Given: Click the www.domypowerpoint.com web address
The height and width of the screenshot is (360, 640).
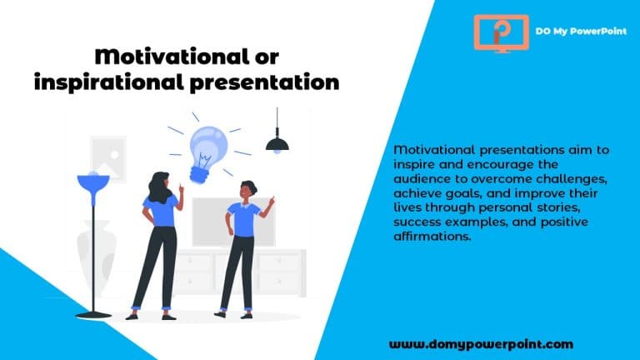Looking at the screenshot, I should click(x=481, y=343).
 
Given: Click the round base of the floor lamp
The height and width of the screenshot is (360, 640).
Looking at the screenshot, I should click(x=92, y=313).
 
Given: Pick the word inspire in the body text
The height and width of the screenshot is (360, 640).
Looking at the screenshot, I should click(x=414, y=165).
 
